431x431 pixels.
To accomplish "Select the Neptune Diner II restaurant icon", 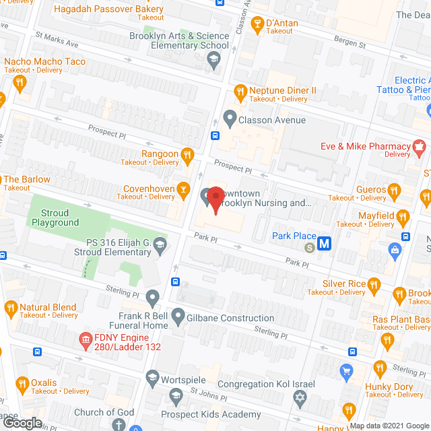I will (239, 90).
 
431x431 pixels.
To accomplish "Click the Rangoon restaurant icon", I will (188, 154).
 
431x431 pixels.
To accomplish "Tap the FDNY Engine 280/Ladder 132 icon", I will (86, 341).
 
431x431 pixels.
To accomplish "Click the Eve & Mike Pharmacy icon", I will (420, 146).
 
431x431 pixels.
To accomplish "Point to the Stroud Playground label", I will (56, 218).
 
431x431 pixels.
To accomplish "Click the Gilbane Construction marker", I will (178, 315).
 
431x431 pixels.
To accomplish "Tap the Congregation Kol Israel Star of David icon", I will (301, 400).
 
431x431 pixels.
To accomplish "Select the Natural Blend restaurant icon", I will (10, 310).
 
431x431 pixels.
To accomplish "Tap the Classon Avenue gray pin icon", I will (230, 121).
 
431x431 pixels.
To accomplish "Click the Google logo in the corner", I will (22, 422).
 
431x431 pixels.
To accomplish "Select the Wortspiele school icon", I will (152, 377).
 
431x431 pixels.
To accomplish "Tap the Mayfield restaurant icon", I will (403, 217).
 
